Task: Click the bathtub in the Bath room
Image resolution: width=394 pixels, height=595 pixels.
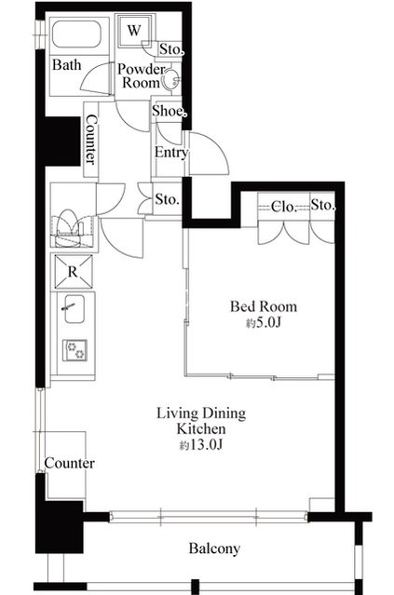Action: click(76, 34)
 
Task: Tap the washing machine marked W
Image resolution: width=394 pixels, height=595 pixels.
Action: click(135, 31)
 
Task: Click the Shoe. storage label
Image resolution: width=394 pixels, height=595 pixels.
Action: click(169, 111)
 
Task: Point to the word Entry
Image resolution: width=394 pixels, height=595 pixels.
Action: click(170, 152)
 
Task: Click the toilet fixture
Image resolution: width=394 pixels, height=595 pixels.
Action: click(68, 228)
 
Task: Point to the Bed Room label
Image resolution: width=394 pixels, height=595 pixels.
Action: click(264, 306)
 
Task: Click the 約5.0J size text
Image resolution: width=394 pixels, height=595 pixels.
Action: click(263, 323)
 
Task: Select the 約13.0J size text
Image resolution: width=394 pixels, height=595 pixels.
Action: click(200, 445)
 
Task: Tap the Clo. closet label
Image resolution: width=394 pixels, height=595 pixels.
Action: click(283, 207)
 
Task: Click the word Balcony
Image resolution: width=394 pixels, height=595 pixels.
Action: click(214, 548)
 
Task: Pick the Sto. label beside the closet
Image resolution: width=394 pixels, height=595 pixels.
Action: click(323, 205)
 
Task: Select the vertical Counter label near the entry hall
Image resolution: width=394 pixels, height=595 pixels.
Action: click(91, 140)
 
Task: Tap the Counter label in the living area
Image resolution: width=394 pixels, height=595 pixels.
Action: click(70, 463)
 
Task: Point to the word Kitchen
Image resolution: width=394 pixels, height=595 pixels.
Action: click(201, 429)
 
